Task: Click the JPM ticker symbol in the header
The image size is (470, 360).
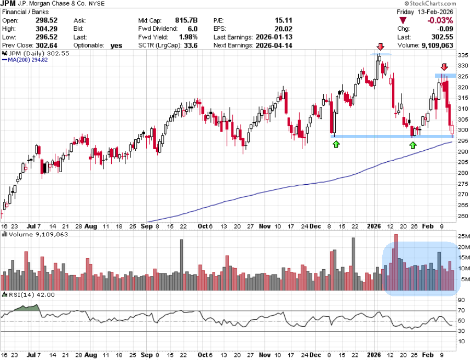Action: tap(9, 4)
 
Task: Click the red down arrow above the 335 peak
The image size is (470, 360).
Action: tap(380, 46)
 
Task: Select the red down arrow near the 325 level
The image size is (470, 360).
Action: tap(444, 67)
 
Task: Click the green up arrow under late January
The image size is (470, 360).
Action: tap(413, 144)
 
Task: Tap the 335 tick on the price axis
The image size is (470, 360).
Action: tap(462, 55)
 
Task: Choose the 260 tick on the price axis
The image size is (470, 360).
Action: tap(462, 217)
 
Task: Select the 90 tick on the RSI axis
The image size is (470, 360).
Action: tap(462, 300)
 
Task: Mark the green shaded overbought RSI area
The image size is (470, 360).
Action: tap(26, 308)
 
